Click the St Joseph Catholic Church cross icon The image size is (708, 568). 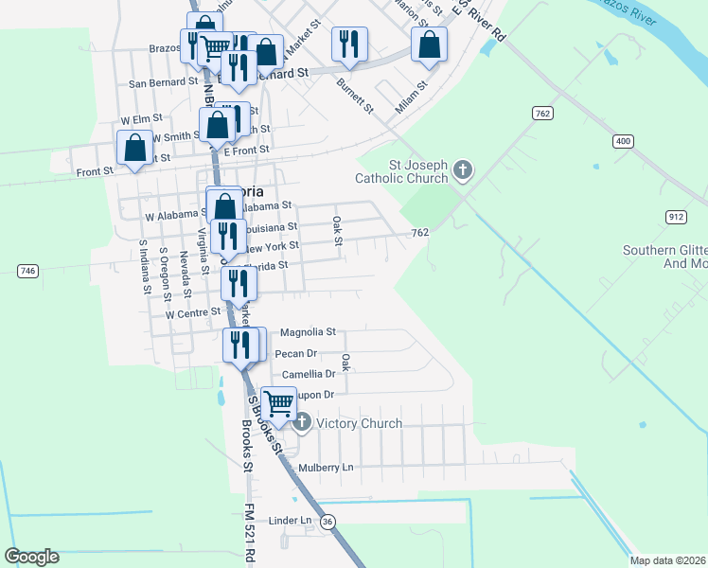pyautogui.click(x=462, y=170)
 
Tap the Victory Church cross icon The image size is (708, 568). pyautogui.click(x=301, y=422)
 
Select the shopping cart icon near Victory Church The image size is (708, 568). pyautogui.click(x=278, y=404)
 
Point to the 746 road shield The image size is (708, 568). pyautogui.click(x=27, y=272)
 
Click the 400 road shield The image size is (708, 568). pyautogui.click(x=622, y=141)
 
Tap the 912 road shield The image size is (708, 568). pyautogui.click(x=676, y=217)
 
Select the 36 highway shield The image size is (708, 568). pyautogui.click(x=327, y=521)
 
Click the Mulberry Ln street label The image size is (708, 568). pyautogui.click(x=326, y=468)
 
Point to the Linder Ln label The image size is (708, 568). pyautogui.click(x=290, y=521)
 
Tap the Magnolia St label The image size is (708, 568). pyautogui.click(x=309, y=332)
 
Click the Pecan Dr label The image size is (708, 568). pyautogui.click(x=295, y=353)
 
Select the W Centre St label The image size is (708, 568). pyautogui.click(x=193, y=311)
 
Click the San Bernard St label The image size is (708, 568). pyautogui.click(x=164, y=83)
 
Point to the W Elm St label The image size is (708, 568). pyautogui.click(x=142, y=121)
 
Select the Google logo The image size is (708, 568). pyautogui.click(x=31, y=557)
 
